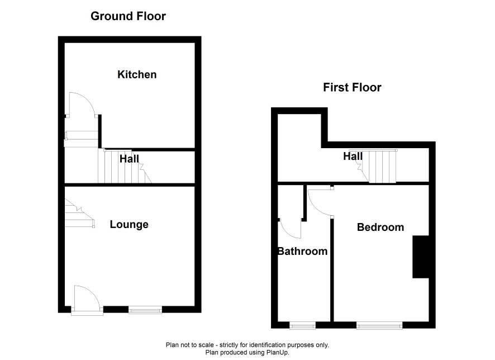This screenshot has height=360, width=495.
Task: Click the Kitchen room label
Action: click(x=137, y=74)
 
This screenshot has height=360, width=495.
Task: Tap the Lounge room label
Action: click(x=129, y=224)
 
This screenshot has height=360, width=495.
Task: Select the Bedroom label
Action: click(x=380, y=227)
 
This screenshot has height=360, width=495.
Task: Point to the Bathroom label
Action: click(x=302, y=251)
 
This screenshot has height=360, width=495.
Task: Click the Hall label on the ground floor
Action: click(x=129, y=159)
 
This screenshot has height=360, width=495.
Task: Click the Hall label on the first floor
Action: click(x=353, y=156)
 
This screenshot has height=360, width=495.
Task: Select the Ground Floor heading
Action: click(x=128, y=16)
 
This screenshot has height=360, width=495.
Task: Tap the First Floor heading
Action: click(x=352, y=87)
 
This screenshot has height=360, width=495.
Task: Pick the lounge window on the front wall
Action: click(x=145, y=310)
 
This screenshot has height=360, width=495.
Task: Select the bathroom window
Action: click(x=302, y=325)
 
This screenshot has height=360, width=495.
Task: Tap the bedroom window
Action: click(x=379, y=325)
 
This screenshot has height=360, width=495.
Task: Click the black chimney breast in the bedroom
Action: click(x=421, y=257)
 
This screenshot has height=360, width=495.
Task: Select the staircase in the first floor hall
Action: click(x=377, y=166)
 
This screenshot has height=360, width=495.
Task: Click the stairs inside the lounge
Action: click(x=79, y=213)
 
